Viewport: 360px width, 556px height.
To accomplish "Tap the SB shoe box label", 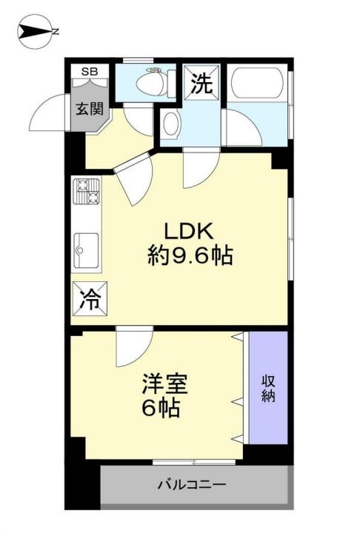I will [89, 72].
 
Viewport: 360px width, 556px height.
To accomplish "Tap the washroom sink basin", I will [170, 125].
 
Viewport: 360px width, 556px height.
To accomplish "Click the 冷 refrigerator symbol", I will [87, 299].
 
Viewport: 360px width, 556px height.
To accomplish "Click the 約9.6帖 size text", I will [190, 256].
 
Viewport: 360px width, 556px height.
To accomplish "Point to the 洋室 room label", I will [165, 383].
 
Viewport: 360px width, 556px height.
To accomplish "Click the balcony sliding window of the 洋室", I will [194, 463].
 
